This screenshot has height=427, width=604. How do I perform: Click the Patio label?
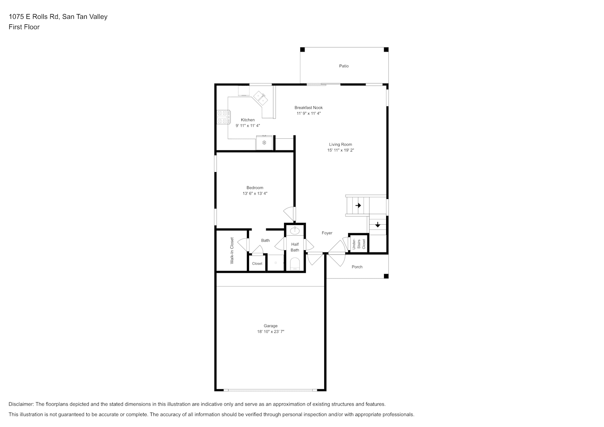[x=344, y=66]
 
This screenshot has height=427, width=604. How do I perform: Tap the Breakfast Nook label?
[x=308, y=108]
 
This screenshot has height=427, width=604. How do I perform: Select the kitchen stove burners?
[x=223, y=117]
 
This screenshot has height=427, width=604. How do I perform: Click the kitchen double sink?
[x=261, y=98]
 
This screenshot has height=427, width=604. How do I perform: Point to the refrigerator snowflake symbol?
[x=264, y=142]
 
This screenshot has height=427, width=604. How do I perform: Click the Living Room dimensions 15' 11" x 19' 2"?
[x=340, y=150]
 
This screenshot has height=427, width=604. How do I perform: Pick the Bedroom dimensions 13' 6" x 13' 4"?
[x=255, y=193]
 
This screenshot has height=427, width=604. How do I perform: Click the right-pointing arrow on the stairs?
[x=358, y=205]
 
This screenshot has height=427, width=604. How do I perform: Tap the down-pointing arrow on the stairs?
[x=378, y=224]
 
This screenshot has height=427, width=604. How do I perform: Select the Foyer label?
[x=327, y=233]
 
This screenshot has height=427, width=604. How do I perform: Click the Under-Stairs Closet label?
[x=359, y=244]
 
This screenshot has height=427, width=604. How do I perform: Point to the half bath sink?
[x=295, y=231]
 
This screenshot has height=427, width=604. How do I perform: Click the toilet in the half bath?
[x=295, y=264]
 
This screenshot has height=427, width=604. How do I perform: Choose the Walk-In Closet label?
[x=232, y=250]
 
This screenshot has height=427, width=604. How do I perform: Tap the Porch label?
[x=357, y=267]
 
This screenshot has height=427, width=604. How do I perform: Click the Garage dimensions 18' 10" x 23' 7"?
[x=270, y=332]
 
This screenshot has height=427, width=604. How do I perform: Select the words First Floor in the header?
[x=24, y=27]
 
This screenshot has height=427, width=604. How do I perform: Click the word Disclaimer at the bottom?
[x=21, y=404]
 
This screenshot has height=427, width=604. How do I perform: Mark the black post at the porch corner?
[x=386, y=276]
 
